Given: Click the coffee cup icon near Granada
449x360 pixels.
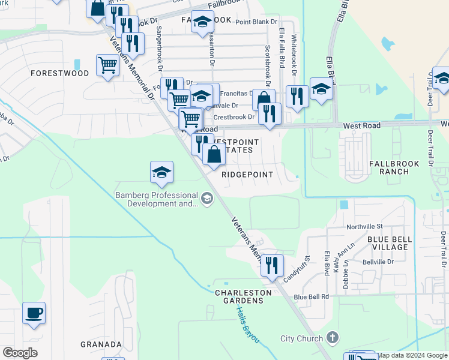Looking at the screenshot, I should tap(34, 313).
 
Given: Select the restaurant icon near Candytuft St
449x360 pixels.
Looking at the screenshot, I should tap(272, 265).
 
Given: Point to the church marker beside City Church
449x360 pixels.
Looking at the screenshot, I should tap(333, 338).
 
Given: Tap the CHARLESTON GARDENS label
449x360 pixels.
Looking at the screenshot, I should tap(243, 296).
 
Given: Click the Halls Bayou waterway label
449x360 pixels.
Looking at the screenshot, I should tap(247, 325).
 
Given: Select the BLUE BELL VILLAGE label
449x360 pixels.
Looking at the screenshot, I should tap(390, 243).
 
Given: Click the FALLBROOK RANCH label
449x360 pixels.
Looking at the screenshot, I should tap(389, 167).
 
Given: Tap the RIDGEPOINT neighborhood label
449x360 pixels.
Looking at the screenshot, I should tap(247, 175).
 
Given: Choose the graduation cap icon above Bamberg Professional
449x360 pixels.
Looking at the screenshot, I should tap(161, 172).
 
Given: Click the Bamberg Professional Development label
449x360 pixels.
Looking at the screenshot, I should tap(157, 199).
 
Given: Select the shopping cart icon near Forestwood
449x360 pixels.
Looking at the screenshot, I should tap(107, 65).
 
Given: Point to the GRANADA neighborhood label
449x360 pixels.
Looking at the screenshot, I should tap(101, 345).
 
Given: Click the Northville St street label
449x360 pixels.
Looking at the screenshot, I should tap(364, 227).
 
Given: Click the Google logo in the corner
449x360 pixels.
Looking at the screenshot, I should tap(20, 353).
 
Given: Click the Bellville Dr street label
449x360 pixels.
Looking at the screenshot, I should tap(378, 262).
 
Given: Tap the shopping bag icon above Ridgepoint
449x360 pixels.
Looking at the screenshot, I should tap(214, 155).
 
